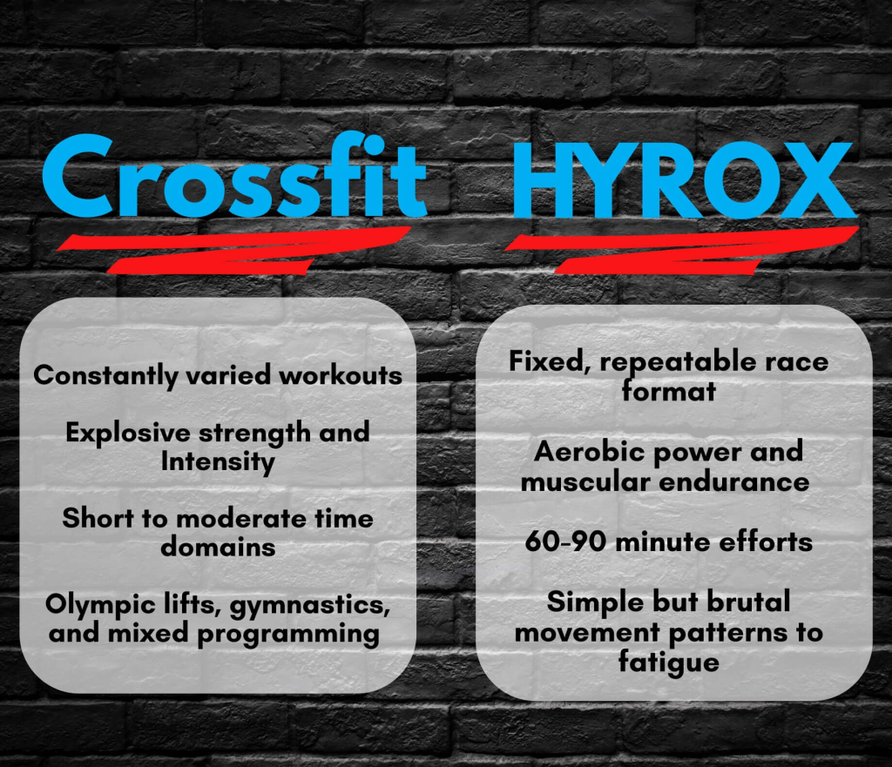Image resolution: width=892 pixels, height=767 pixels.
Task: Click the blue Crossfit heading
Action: (234, 176)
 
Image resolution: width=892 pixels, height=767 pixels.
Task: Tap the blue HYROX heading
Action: (685, 180)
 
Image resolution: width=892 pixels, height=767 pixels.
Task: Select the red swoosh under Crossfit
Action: (233, 250)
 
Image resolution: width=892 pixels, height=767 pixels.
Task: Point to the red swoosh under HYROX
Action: (681, 250)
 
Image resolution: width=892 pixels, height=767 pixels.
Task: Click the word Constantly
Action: (105, 376)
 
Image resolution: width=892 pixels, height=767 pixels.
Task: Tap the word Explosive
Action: (128, 433)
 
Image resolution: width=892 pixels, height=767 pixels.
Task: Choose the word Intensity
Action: (218, 461)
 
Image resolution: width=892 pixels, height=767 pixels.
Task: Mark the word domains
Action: (218, 547)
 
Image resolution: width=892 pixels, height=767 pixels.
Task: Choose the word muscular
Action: (585, 482)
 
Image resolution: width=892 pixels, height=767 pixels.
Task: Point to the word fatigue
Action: (668, 663)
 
